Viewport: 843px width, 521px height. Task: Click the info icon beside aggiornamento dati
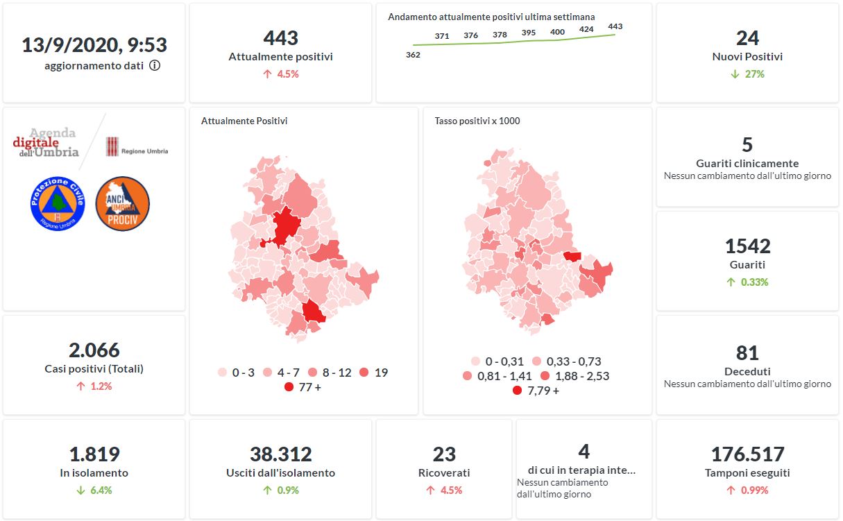coord(155,66)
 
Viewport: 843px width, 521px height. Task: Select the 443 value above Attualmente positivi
coord(280,38)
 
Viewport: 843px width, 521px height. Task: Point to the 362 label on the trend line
coord(413,55)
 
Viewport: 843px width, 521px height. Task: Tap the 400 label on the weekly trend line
coord(557,31)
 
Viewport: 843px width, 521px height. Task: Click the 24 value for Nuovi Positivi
coord(747,38)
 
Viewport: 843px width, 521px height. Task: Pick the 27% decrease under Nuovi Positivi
coord(747,74)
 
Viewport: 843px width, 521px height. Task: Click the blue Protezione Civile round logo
coord(57,204)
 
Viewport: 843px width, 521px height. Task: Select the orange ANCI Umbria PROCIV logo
coord(122,204)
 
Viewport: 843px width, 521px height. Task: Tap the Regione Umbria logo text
coord(144,151)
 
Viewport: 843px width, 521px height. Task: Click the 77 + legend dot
coord(289,387)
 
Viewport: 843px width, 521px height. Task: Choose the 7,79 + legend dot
coord(517,391)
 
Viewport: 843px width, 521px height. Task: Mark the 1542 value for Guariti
coord(747,246)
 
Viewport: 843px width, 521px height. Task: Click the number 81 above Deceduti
coord(747,353)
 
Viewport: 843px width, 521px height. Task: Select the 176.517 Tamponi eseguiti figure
coord(747,454)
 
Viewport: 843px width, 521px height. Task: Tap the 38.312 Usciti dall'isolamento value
coord(280,454)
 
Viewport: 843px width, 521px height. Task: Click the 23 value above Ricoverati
coord(444,454)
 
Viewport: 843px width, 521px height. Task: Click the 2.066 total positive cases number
coord(94,350)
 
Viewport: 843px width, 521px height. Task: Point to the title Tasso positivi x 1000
coord(477,121)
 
